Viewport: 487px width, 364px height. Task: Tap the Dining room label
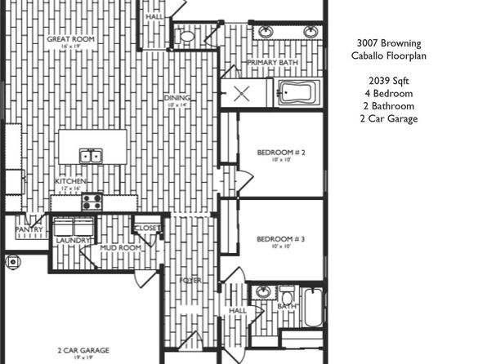176,98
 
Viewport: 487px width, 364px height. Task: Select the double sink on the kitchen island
91,156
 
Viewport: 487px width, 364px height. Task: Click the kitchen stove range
91,200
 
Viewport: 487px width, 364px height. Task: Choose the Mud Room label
116,247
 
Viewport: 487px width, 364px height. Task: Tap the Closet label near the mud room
148,228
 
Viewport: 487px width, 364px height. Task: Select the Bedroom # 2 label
280,153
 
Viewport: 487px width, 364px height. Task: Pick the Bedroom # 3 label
280,238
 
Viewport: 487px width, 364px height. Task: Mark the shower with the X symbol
243,92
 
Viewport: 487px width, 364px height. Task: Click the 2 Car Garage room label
82,350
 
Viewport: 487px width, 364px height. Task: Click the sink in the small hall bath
263,292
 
